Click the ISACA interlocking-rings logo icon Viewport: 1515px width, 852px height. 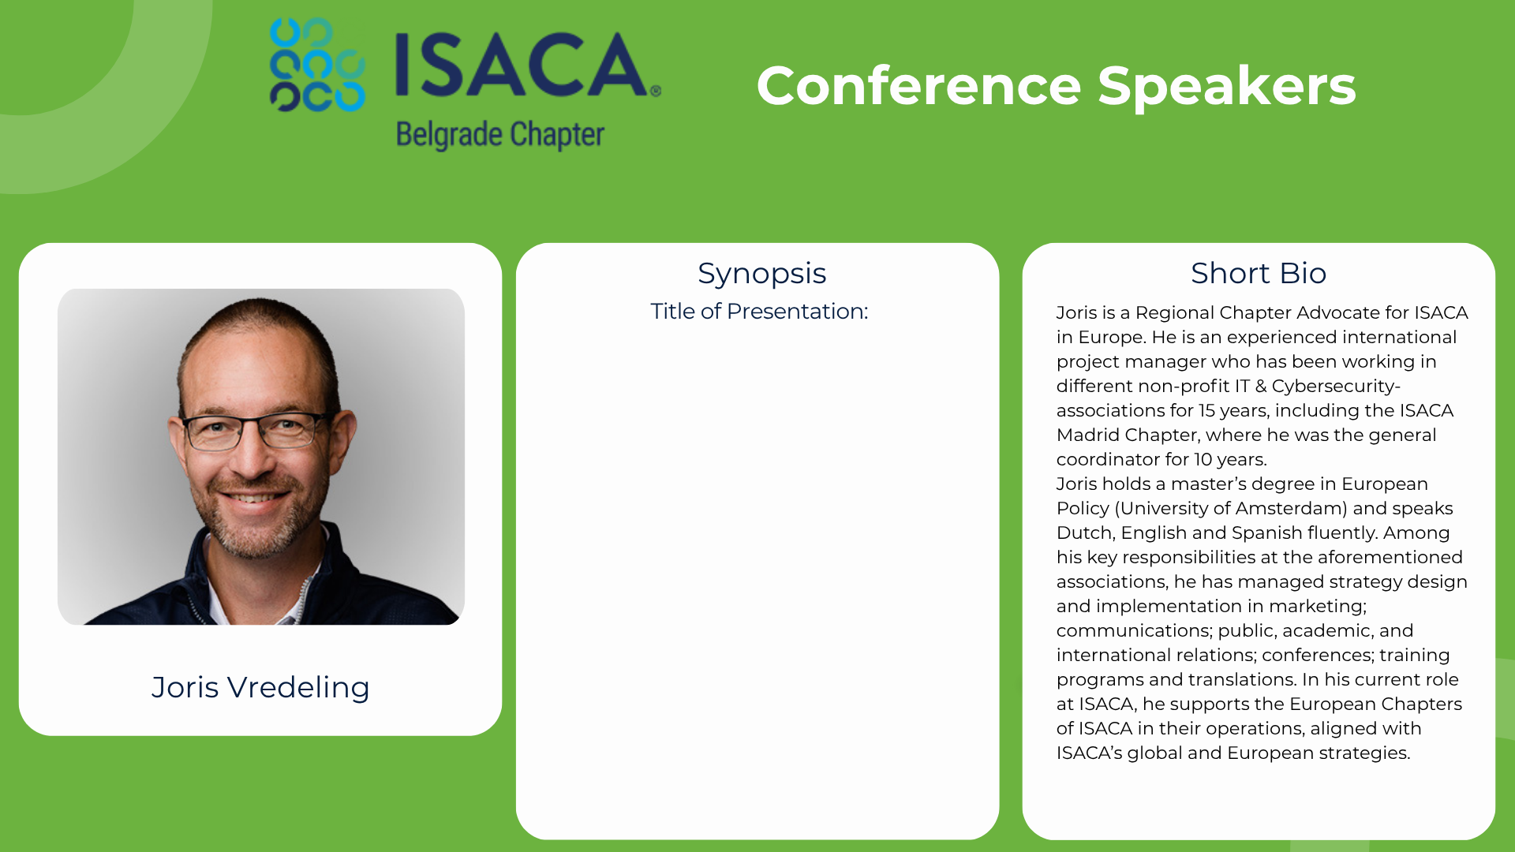click(x=317, y=65)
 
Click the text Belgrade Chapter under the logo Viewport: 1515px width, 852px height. click(x=500, y=135)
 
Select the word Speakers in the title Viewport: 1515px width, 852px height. click(x=1227, y=87)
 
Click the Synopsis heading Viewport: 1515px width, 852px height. click(x=761, y=274)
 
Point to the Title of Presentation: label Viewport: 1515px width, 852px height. click(x=759, y=311)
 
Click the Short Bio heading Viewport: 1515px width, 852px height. click(x=1259, y=273)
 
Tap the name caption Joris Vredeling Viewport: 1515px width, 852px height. click(x=260, y=687)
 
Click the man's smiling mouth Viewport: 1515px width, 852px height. click(x=252, y=499)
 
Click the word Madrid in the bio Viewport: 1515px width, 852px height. click(x=1088, y=435)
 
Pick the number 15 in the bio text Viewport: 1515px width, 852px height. click(x=1206, y=410)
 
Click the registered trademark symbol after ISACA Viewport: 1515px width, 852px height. click(x=656, y=91)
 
